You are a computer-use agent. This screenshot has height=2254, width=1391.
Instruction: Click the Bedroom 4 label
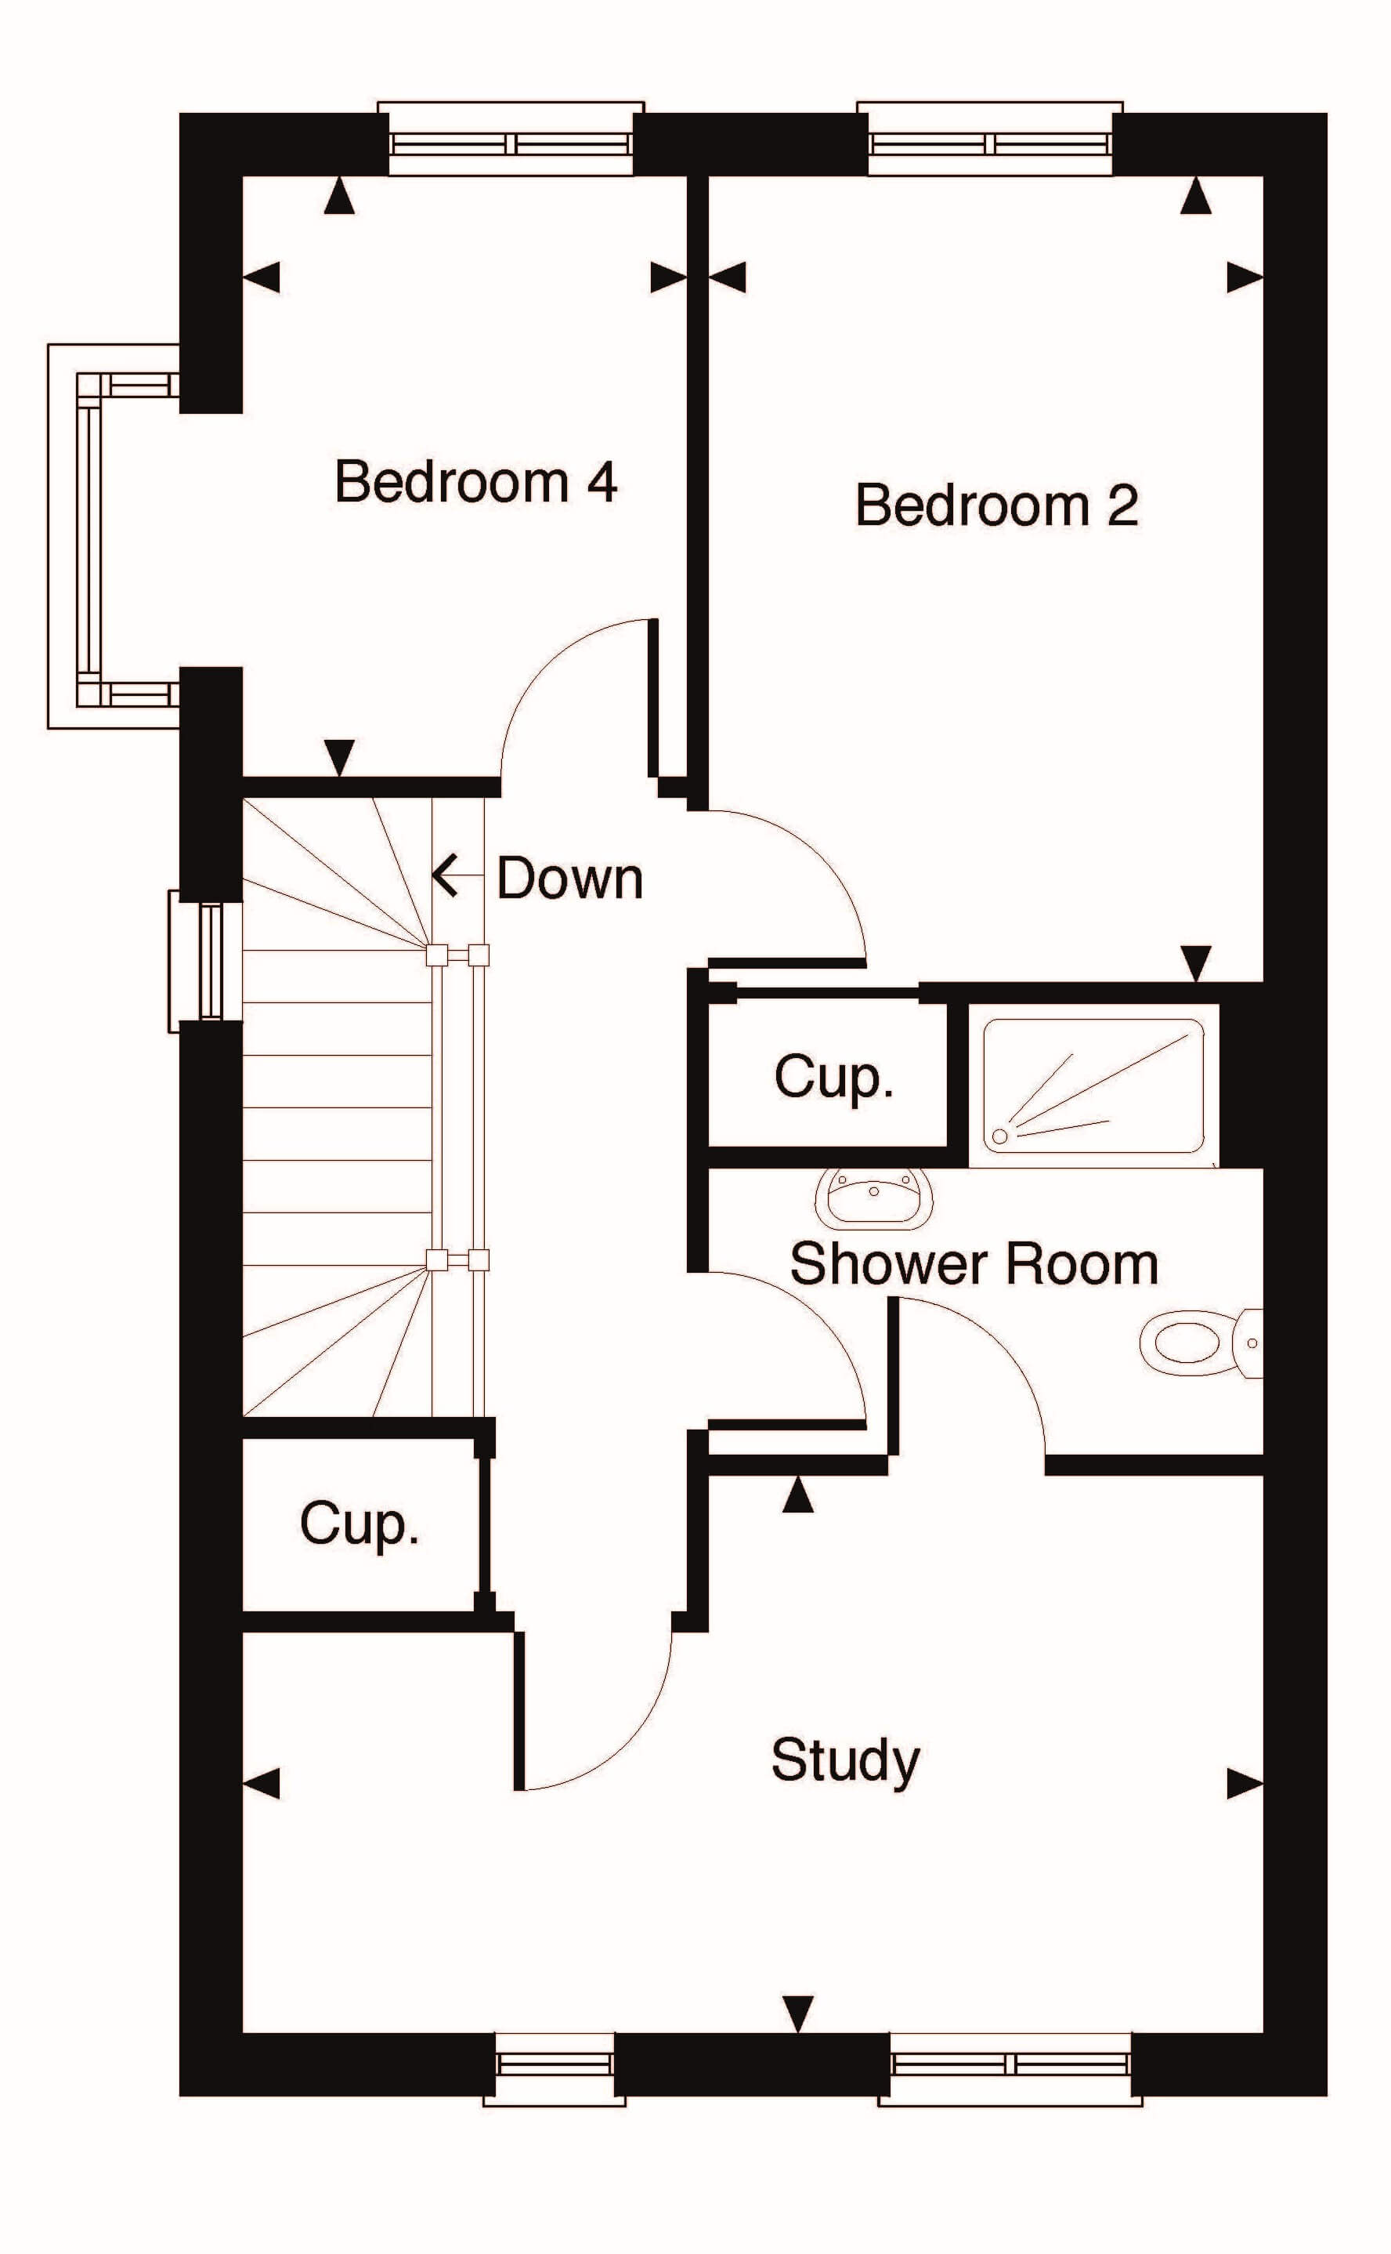pyautogui.click(x=475, y=481)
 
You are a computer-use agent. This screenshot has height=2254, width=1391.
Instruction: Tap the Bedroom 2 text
pyautogui.click(x=996, y=506)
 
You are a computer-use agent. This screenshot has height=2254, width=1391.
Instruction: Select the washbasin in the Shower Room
pyautogui.click(x=874, y=1198)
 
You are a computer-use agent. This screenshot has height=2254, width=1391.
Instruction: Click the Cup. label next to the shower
pyautogui.click(x=833, y=1076)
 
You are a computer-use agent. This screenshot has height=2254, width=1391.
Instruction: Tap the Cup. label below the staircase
pyautogui.click(x=359, y=1524)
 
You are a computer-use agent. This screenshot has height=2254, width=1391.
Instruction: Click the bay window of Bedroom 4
pyautogui.click(x=110, y=535)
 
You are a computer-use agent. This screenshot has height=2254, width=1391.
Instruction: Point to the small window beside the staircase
pyautogui.click(x=205, y=961)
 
